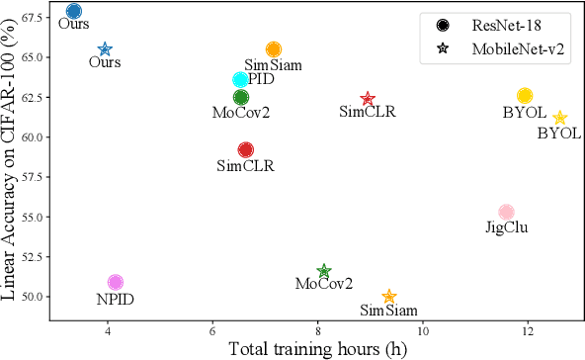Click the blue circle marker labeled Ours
(74, 12)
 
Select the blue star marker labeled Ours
(105, 49)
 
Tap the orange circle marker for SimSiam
(274, 49)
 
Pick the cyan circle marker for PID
(240, 80)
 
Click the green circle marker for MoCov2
(241, 97)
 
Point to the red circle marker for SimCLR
(246, 149)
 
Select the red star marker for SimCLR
(368, 99)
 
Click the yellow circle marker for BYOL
(525, 96)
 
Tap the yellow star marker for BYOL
(560, 118)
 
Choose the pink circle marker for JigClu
(506, 212)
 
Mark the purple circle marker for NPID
(116, 283)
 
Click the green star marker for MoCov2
(324, 271)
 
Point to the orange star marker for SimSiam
(389, 297)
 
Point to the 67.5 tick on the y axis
(28, 18)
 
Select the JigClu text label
(507, 228)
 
